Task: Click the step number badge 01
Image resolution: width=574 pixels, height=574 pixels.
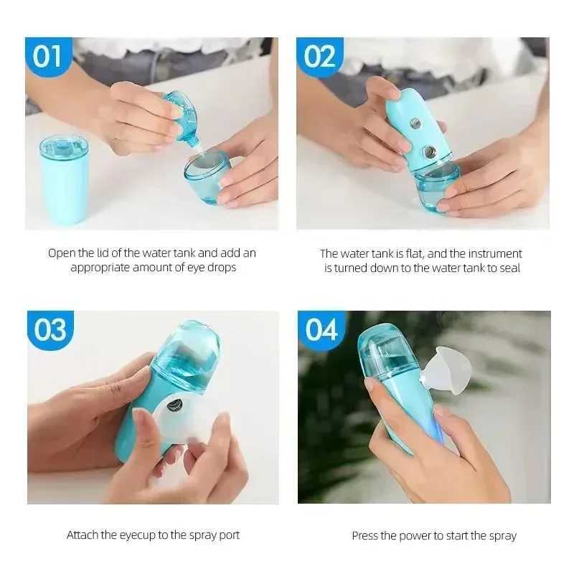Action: point(47,56)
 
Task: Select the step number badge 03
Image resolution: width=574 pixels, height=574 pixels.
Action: point(50,330)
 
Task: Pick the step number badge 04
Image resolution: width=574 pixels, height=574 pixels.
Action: point(321,330)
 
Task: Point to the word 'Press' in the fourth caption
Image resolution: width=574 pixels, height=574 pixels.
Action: point(366,536)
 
